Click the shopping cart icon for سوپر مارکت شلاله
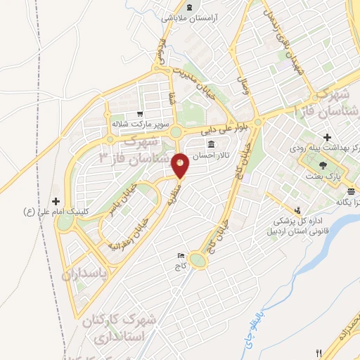pos(141,114)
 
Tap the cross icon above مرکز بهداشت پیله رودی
pos(326,137)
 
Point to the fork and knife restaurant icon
pos(319,353)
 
